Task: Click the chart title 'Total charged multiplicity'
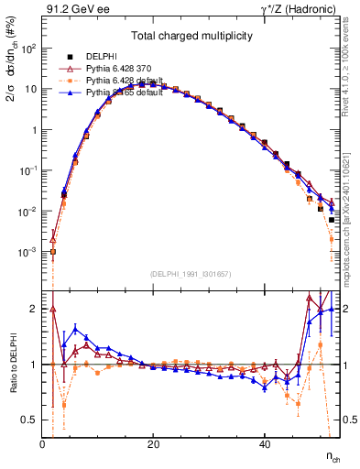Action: pos(191,37)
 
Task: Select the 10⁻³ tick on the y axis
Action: pos(27,252)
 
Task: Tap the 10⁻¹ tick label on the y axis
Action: pos(27,170)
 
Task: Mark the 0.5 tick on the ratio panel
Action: pos(30,420)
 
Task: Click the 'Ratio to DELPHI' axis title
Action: pos(12,363)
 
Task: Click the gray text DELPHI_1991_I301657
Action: pos(191,274)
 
